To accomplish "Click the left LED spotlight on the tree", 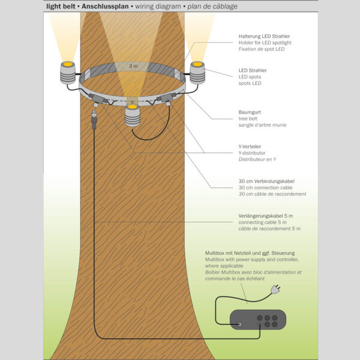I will (67, 73).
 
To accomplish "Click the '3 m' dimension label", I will (133, 65).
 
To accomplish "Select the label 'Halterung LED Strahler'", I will (265, 36).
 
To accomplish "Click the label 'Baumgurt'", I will (250, 112).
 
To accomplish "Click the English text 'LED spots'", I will (251, 77).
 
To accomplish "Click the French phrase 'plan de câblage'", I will (211, 6).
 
